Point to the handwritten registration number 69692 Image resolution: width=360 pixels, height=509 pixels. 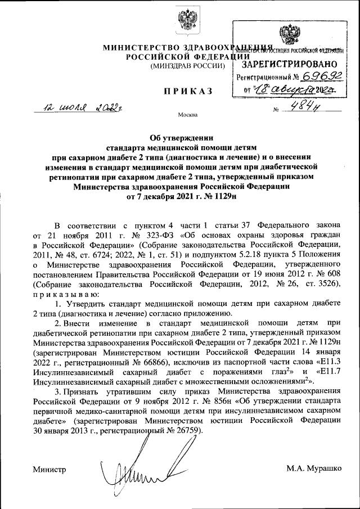click(x=319, y=76)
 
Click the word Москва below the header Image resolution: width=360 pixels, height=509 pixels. click(x=188, y=116)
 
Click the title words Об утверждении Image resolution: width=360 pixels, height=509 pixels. click(x=180, y=137)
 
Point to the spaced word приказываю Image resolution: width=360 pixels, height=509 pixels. click(x=66, y=294)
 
